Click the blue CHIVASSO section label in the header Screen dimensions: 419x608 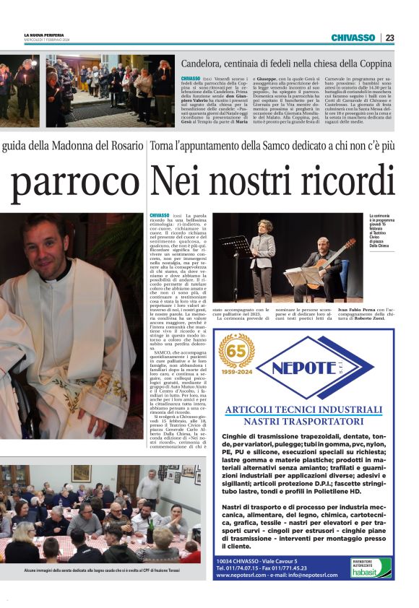[353, 38]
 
